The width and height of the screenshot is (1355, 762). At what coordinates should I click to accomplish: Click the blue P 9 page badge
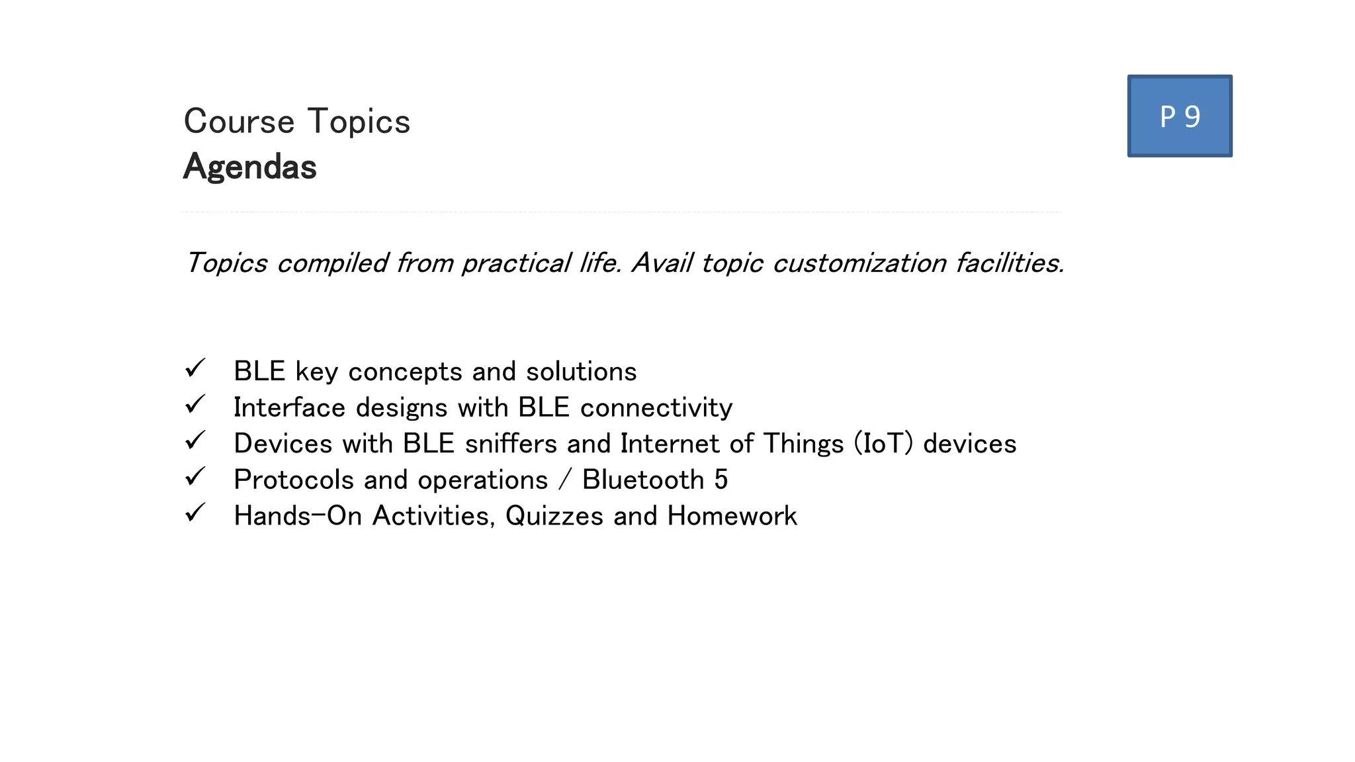(x=1180, y=116)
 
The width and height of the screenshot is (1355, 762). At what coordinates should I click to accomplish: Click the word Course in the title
(x=239, y=122)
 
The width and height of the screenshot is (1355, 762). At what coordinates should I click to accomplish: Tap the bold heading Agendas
(x=250, y=167)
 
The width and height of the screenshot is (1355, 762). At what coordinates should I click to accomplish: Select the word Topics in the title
(x=359, y=122)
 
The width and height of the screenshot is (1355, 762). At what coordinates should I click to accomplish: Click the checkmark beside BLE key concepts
(x=195, y=368)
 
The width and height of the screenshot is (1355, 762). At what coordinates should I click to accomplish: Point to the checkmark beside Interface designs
(x=195, y=404)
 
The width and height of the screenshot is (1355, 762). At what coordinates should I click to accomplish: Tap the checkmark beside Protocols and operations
(x=195, y=476)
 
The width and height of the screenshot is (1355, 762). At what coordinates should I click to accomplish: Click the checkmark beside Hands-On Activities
(x=195, y=513)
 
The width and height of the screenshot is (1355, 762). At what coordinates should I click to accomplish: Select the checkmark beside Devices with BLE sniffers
(x=195, y=441)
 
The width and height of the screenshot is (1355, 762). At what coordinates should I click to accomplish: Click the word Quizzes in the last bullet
(x=554, y=516)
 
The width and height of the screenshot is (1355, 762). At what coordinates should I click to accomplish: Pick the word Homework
(x=732, y=516)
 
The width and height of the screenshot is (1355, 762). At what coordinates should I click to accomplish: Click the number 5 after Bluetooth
(x=721, y=480)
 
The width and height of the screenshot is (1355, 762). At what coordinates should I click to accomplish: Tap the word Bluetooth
(x=642, y=480)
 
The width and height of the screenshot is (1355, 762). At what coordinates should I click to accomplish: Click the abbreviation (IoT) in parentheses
(x=883, y=443)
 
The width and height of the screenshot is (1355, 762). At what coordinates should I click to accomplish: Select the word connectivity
(x=656, y=407)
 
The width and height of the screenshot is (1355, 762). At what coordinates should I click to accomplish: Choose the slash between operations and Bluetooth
(x=564, y=480)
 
